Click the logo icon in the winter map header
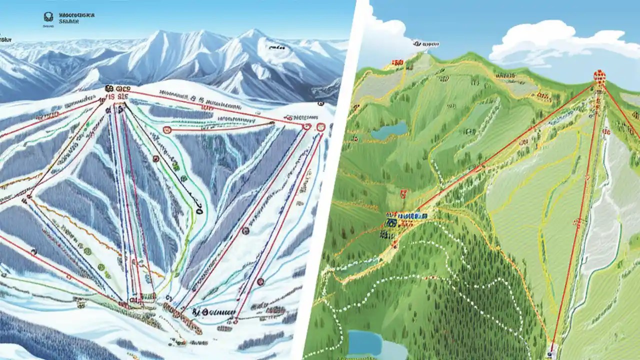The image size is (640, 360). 48,18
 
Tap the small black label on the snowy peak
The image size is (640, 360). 275,47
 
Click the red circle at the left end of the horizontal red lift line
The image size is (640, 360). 167,130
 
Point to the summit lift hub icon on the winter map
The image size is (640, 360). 110,89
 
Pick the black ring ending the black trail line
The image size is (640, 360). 199,211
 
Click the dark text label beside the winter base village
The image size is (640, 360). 215,311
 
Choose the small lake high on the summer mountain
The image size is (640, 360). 389,131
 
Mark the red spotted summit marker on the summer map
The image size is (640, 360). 599,76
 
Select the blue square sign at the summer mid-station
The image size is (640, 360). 391,219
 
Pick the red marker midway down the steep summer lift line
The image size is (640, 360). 580,221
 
